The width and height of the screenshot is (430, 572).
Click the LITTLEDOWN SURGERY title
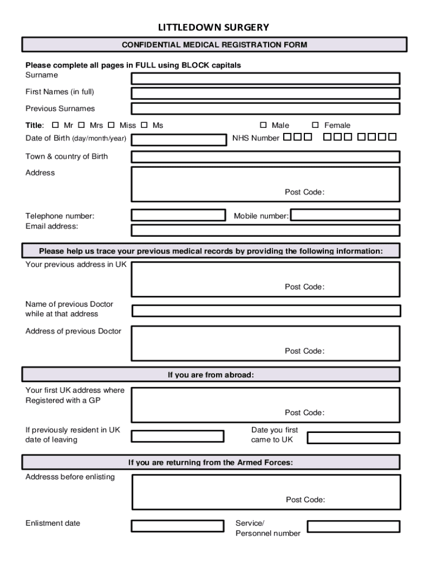213,27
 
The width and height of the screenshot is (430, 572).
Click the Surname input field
265,78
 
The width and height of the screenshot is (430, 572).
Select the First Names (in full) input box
265,93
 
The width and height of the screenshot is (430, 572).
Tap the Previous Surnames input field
265,108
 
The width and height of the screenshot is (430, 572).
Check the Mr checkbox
55,125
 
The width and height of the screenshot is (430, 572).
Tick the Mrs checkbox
82,125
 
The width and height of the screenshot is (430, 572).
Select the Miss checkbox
111,125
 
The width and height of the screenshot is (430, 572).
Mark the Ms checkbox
144,125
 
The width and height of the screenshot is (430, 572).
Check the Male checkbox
264,125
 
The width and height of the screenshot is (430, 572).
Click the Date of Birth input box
179,140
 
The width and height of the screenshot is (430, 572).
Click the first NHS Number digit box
287,137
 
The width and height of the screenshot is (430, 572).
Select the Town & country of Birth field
265,156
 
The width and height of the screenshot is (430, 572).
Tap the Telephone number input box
178,215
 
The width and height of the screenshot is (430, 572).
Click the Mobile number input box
345,215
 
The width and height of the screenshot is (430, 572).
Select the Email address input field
265,230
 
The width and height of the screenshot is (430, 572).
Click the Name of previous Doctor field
266,311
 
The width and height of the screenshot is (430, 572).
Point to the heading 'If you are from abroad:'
211,375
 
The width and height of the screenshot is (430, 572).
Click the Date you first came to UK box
353,437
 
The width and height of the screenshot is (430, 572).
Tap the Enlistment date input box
178,526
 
